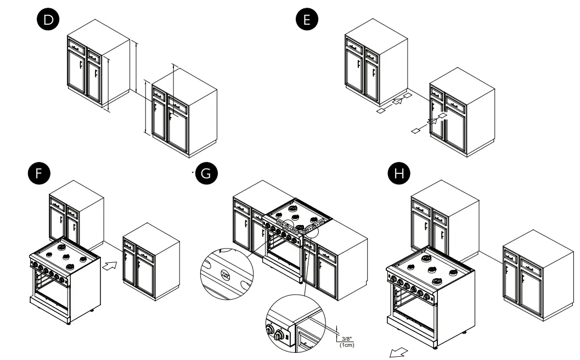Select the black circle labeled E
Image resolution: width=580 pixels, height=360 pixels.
coord(307,20)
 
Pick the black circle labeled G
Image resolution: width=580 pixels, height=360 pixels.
coord(206,174)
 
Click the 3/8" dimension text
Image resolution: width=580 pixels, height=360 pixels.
coord(346,339)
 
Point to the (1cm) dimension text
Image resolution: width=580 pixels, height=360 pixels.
coord(346,345)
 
